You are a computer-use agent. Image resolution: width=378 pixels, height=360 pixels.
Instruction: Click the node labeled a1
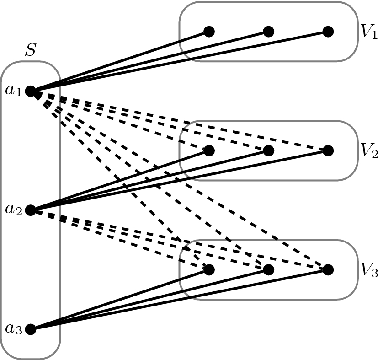[x=31, y=91]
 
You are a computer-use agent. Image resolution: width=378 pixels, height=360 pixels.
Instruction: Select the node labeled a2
[x=31, y=210]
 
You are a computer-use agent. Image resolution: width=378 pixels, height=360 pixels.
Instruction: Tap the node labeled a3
[x=31, y=329]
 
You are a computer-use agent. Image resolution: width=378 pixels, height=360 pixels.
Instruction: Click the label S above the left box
[x=30, y=50]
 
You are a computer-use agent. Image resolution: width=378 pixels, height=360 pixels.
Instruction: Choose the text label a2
[x=13, y=210]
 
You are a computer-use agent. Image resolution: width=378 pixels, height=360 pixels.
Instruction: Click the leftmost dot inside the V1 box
[x=209, y=32]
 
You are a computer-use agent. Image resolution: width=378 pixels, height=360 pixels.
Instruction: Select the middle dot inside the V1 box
[x=269, y=32]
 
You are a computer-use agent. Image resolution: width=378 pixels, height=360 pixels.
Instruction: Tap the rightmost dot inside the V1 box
[x=328, y=32]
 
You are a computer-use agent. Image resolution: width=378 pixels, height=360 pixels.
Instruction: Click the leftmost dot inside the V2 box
[x=209, y=150]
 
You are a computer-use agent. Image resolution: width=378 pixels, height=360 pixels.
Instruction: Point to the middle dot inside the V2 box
[x=269, y=150]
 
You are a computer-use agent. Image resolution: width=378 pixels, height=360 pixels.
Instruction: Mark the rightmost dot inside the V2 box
[x=328, y=150]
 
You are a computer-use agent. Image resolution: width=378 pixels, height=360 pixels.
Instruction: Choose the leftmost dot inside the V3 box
[x=209, y=270]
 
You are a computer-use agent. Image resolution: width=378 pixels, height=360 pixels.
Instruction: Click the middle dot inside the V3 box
[x=269, y=270]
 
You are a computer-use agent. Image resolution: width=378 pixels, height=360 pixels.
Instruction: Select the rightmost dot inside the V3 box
[x=328, y=270]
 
